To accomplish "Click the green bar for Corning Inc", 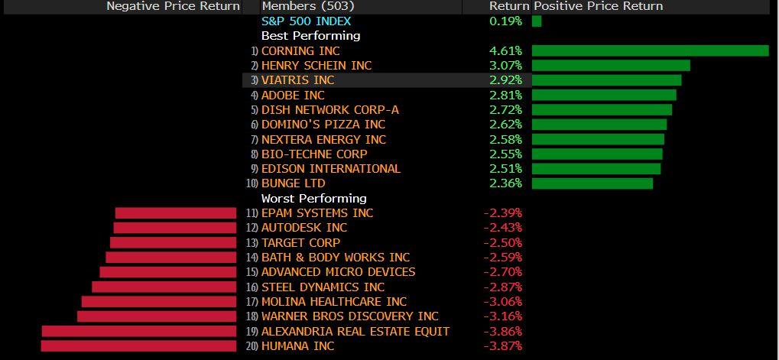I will [x=650, y=50].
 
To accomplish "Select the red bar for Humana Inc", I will [x=138, y=346].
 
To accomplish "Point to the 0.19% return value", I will [x=505, y=21].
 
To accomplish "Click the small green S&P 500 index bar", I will [x=537, y=21].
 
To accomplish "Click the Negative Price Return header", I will [x=173, y=6].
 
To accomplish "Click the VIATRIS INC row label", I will [x=297, y=80].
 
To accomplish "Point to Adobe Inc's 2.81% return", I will [x=505, y=96].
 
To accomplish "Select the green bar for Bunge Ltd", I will [x=592, y=183].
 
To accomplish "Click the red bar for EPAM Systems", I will [x=176, y=213].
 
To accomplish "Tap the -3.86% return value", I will [x=504, y=332].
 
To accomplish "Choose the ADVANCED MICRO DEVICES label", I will [x=338, y=272].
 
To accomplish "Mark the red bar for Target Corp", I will [x=174, y=243].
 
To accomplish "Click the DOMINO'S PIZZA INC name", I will [x=323, y=125].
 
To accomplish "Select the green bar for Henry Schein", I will [x=611, y=66].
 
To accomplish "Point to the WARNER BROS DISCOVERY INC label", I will [x=349, y=316].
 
